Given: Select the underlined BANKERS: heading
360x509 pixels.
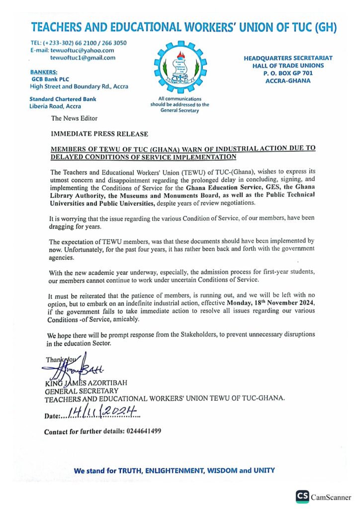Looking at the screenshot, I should pos(44,72).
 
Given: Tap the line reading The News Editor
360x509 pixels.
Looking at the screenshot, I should pos(74,118).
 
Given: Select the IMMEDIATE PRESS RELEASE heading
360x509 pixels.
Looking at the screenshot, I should pos(99,134).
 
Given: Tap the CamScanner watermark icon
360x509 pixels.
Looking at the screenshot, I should pos(302,496).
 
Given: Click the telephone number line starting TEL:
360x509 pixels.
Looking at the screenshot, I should pos(78,43).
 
